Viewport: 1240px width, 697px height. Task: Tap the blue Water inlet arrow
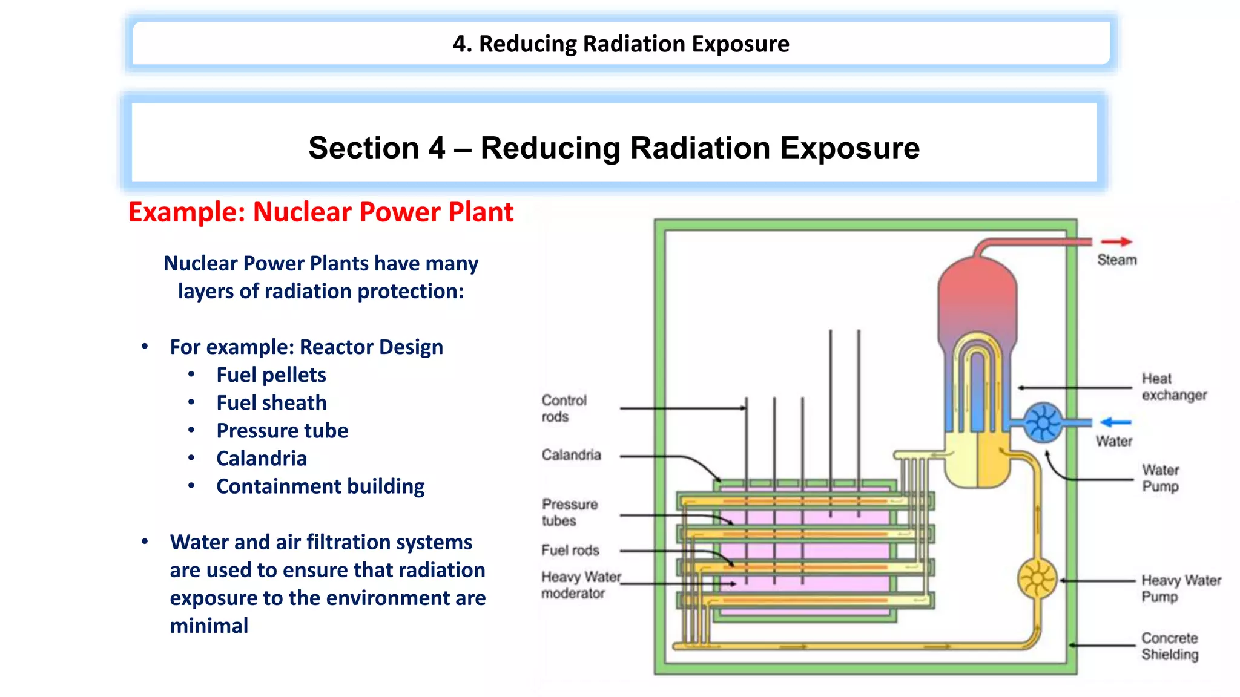coord(1115,422)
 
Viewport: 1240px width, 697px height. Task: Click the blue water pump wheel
coord(1043,422)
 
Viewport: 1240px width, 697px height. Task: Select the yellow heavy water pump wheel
coord(1037,580)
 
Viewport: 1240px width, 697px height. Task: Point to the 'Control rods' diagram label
coord(564,408)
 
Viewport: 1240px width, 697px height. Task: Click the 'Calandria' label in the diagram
coord(571,455)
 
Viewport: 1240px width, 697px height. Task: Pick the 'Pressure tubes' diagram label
coord(569,512)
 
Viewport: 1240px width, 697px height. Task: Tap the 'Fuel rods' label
coord(570,550)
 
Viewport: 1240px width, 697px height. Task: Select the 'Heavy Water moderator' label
coord(580,585)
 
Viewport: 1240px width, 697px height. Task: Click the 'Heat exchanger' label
coord(1173,387)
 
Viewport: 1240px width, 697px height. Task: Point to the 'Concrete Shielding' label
coord(1169,646)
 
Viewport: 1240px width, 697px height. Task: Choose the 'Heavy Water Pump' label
coord(1180,588)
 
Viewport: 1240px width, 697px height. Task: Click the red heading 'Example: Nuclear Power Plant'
coord(320,212)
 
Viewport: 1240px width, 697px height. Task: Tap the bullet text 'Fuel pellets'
coord(271,375)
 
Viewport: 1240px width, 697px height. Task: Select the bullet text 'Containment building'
coord(320,486)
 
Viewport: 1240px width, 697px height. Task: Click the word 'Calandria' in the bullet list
coord(261,459)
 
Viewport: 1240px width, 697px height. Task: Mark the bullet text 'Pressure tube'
coord(282,431)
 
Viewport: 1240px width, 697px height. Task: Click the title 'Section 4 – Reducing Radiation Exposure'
coord(613,148)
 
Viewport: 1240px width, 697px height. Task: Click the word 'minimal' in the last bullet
coord(209,626)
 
